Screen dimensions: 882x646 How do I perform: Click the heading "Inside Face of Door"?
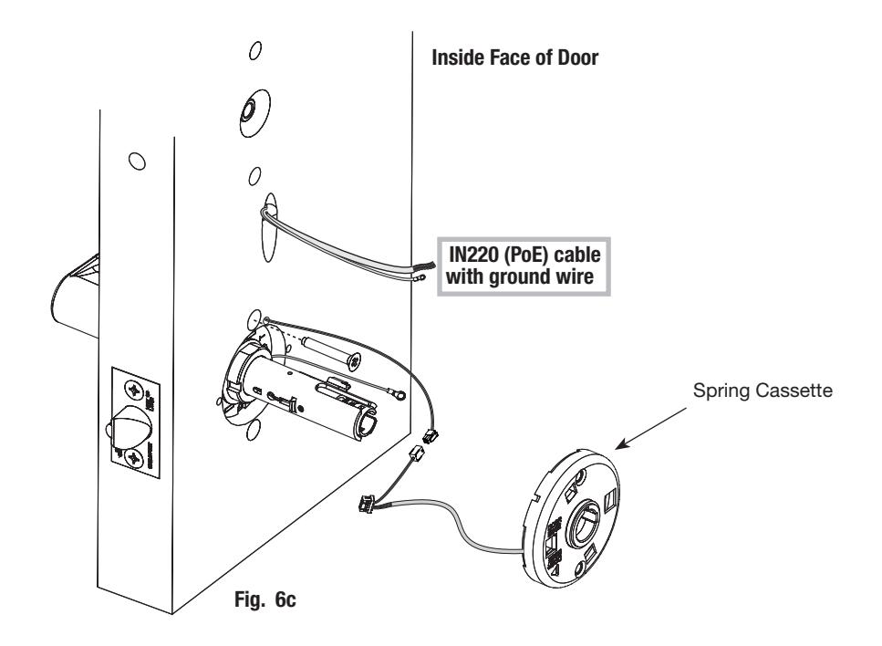click(514, 57)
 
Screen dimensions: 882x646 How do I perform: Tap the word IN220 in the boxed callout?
click(473, 255)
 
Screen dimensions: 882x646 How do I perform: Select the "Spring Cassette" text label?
click(763, 390)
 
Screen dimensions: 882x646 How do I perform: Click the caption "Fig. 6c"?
click(265, 599)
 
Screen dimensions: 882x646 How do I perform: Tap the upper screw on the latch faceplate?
click(136, 390)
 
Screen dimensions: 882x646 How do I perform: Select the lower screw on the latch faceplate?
click(136, 457)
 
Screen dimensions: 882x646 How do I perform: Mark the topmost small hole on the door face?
click(254, 51)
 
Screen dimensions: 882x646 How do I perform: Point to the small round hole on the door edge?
click(137, 161)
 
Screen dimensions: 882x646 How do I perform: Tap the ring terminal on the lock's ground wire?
click(399, 391)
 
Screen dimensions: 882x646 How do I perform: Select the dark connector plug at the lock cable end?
click(431, 435)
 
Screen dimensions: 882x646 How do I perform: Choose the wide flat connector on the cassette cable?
click(366, 501)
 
